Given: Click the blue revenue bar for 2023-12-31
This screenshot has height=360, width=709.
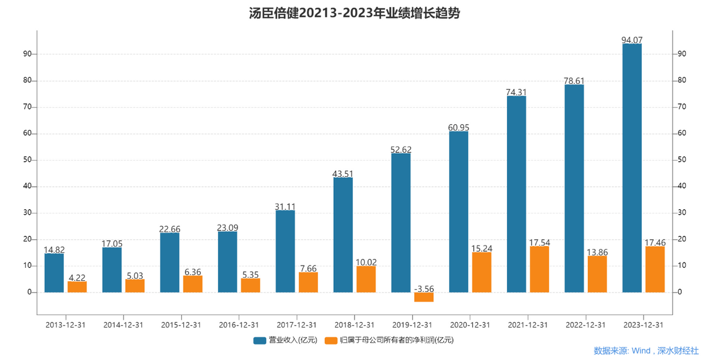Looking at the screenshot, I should (632, 168).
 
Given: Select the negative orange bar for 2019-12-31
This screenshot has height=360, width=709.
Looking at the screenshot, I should (424, 297).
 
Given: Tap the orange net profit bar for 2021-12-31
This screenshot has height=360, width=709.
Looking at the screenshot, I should (539, 269).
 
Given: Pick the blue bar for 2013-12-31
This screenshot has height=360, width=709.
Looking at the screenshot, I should (54, 273).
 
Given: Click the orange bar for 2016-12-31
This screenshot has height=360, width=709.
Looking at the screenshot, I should (251, 286).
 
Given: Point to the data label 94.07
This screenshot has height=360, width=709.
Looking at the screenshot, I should (632, 40).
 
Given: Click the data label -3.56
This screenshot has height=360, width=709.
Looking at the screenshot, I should (424, 288).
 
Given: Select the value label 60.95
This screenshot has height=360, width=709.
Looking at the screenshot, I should (458, 127).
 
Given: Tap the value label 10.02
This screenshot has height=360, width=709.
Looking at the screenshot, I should (366, 262).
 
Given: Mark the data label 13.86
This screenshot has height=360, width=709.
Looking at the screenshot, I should (597, 252).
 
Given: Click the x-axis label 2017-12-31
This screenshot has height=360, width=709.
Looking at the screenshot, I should (297, 325).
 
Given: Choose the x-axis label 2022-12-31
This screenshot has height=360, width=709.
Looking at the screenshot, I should (586, 325).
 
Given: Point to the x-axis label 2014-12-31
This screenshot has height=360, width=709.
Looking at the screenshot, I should (123, 325).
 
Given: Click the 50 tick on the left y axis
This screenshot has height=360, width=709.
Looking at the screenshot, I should (27, 160).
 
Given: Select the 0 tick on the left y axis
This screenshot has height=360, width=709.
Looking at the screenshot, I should (29, 293).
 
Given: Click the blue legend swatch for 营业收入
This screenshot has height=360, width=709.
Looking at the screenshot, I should (260, 340).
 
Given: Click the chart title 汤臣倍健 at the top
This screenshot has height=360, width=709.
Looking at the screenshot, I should (354, 13).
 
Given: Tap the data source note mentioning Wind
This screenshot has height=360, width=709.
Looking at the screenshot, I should (646, 351).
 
